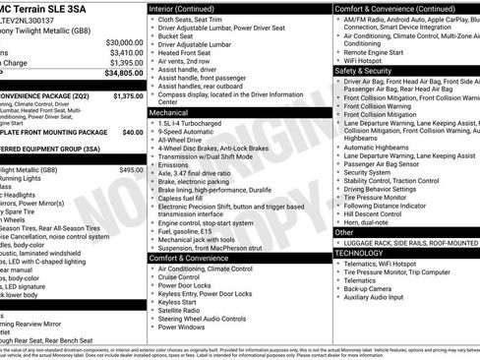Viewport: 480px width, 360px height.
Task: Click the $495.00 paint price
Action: (x=131, y=170)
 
